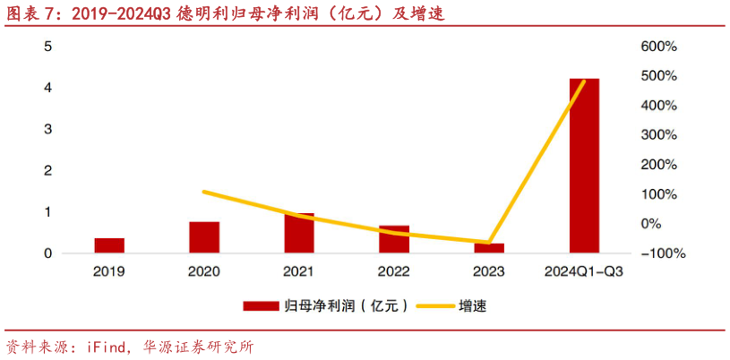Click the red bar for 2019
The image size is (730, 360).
[109, 245]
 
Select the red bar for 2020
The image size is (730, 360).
[204, 237]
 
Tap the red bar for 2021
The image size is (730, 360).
[299, 233]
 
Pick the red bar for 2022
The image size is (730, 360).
[394, 239]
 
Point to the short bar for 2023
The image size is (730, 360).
[489, 248]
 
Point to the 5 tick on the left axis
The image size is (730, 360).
[48, 47]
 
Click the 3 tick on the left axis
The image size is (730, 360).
[48, 129]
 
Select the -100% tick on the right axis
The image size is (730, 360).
[664, 253]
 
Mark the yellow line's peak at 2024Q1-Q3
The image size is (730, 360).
[584, 81]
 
